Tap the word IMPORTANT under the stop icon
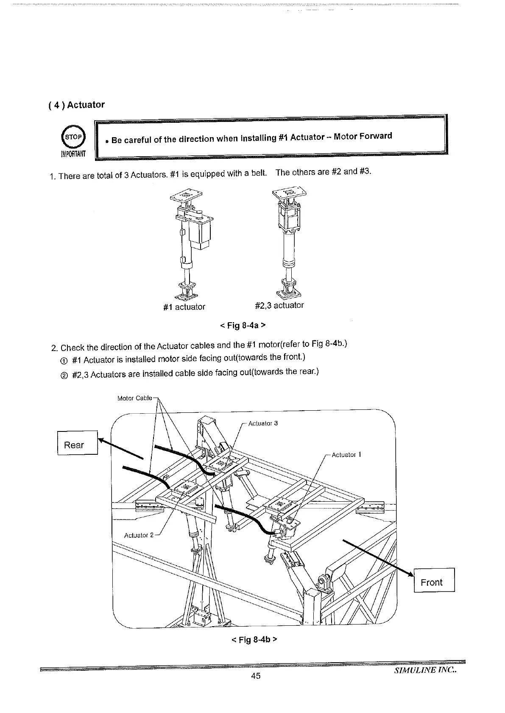[x=73, y=153]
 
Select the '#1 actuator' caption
[x=184, y=307]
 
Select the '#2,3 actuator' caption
[x=279, y=305]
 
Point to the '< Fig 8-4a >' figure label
[x=243, y=326]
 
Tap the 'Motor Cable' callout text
[x=134, y=398]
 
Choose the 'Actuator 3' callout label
[x=263, y=423]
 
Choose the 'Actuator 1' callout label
[x=346, y=455]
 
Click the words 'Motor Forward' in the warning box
[x=363, y=136]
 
